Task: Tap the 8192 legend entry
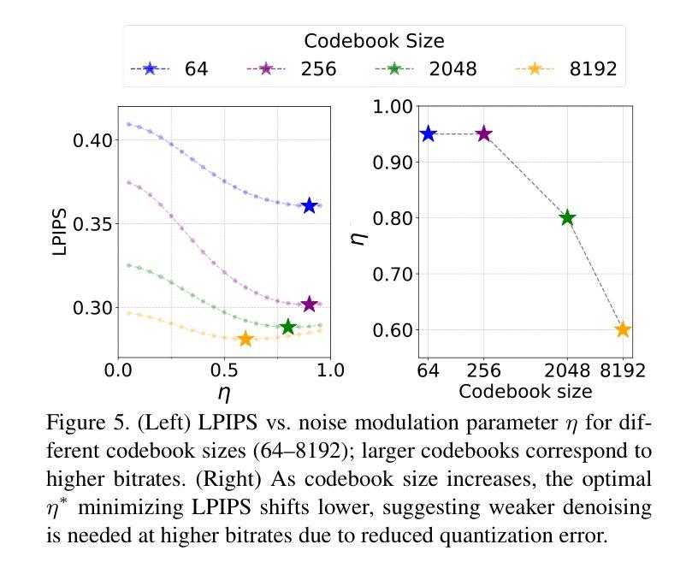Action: click(x=566, y=69)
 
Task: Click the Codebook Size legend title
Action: click(x=374, y=40)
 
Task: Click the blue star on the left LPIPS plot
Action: click(x=310, y=205)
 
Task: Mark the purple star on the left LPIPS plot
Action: click(x=310, y=305)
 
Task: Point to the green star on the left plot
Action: click(x=288, y=327)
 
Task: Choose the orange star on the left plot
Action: click(x=245, y=340)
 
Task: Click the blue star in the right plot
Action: click(x=428, y=134)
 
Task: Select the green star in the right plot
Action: click(x=567, y=218)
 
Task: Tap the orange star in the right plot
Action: click(x=623, y=329)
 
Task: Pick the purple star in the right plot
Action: click(x=484, y=134)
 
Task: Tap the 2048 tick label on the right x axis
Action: click(x=567, y=371)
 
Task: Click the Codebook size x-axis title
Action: click(x=524, y=391)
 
